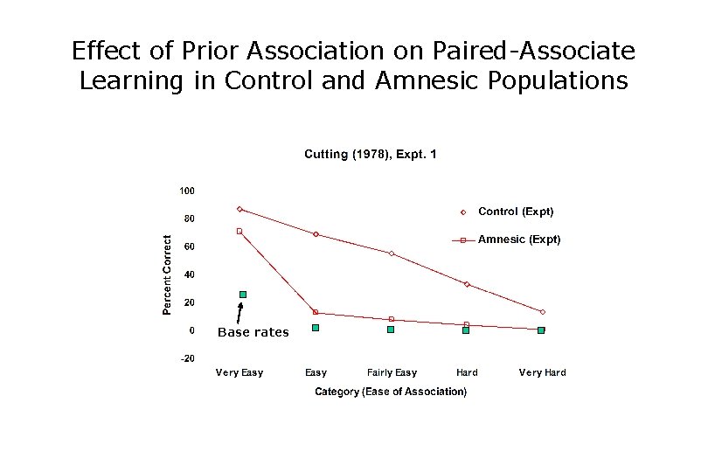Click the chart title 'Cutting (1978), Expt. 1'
370,155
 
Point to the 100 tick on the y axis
187,191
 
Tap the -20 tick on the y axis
187,358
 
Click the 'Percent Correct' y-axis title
167,274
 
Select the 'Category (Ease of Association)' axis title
391,392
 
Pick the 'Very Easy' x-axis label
239,373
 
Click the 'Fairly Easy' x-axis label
392,373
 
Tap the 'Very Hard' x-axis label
542,373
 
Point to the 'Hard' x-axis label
467,373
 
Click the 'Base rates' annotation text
253,332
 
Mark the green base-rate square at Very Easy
243,295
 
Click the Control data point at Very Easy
239,209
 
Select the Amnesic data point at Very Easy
239,232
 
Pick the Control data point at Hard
467,284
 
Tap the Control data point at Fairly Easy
392,253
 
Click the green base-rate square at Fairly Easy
391,330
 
